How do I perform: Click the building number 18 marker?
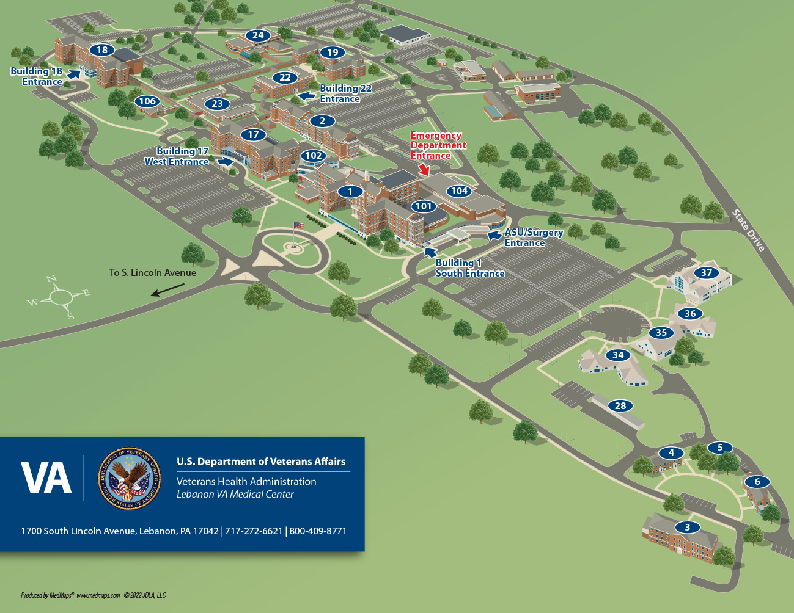coord(102,50)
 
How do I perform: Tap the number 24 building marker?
coord(258,35)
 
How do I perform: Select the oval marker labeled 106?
coord(147,101)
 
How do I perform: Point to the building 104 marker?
coord(459,191)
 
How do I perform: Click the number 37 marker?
coord(707,273)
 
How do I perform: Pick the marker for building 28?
coord(620,406)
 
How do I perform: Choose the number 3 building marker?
coord(688,528)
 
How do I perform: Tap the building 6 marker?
coord(757,482)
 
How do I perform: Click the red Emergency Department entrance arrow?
coord(424,170)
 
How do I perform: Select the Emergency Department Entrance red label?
coord(438,145)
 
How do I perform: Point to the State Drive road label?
coord(749,230)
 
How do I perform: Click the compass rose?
coord(60,297)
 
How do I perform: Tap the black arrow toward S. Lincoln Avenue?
coord(167,289)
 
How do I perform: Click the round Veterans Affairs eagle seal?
coord(130,479)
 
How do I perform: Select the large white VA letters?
coord(46,478)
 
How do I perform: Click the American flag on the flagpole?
coord(298,225)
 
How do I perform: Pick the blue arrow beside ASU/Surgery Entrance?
coord(494,235)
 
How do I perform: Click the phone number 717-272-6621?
coord(254,531)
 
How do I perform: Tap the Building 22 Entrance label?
coord(345,93)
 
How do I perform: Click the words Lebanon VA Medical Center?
coord(235,495)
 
